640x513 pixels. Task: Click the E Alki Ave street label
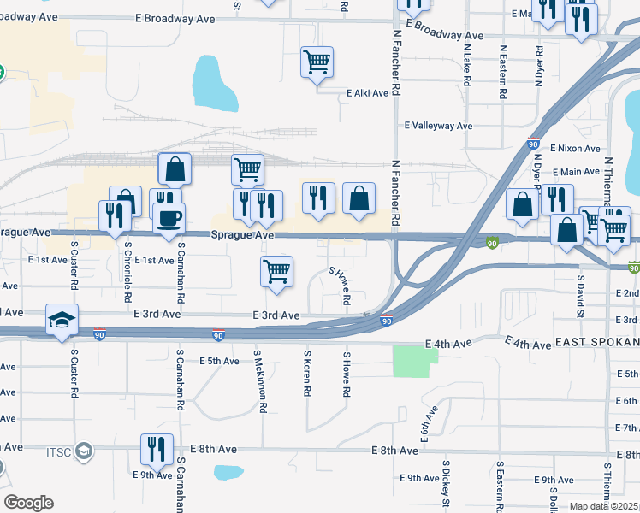(x=368, y=94)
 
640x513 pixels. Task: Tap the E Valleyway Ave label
(x=438, y=126)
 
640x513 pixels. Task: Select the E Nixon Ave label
(x=578, y=147)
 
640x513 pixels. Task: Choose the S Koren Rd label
(x=305, y=373)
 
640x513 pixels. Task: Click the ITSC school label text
(x=61, y=449)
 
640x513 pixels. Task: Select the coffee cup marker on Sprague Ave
(x=169, y=217)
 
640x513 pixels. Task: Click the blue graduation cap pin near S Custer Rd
(x=62, y=320)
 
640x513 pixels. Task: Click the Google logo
(x=28, y=503)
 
